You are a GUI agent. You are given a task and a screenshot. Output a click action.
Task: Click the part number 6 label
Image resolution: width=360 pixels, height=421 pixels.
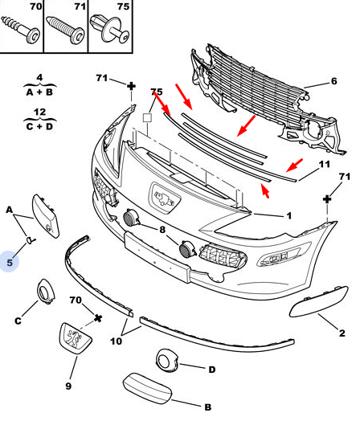click(x=333, y=81)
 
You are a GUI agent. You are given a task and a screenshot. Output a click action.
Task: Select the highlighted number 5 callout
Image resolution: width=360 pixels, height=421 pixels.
click(x=10, y=262)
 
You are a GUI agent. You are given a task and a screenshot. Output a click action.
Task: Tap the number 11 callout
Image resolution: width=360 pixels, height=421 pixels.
click(x=324, y=165)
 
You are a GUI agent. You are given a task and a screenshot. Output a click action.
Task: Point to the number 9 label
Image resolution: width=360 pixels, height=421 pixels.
click(x=68, y=386)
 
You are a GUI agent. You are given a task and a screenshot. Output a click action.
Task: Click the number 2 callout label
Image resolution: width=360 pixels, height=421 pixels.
click(x=342, y=333)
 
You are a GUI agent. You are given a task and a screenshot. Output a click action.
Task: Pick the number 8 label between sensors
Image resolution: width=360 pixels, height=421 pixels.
click(x=162, y=230)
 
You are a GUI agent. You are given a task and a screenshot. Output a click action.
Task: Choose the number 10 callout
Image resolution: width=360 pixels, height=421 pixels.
click(x=117, y=341)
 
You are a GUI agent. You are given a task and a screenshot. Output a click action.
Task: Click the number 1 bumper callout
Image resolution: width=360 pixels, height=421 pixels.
click(x=288, y=215)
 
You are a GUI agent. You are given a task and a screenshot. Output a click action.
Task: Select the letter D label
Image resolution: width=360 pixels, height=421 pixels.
click(x=212, y=370)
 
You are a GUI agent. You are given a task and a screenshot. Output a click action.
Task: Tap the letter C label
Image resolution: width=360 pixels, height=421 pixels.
click(x=18, y=321)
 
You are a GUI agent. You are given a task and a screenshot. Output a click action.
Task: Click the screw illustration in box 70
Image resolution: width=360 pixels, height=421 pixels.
click(x=21, y=30)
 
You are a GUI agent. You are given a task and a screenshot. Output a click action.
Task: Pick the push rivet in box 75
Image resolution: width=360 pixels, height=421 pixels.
click(x=110, y=29)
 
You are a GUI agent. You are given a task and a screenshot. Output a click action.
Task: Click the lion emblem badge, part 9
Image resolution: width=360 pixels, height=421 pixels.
click(x=75, y=338)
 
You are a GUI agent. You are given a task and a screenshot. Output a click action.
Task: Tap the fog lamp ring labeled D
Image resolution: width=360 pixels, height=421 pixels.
click(x=166, y=361)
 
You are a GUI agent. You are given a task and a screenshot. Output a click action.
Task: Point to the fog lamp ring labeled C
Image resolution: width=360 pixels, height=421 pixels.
click(x=45, y=292)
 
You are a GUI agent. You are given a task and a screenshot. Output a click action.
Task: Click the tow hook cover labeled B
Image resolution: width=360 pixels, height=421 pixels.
click(x=147, y=388)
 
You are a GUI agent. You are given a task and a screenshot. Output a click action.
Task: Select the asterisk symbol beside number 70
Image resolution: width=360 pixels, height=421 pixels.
click(x=98, y=318)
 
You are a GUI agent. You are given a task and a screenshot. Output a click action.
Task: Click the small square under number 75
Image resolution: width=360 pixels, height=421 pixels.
click(x=147, y=118)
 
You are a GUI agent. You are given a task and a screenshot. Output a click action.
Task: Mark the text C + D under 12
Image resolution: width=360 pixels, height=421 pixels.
click(x=39, y=126)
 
